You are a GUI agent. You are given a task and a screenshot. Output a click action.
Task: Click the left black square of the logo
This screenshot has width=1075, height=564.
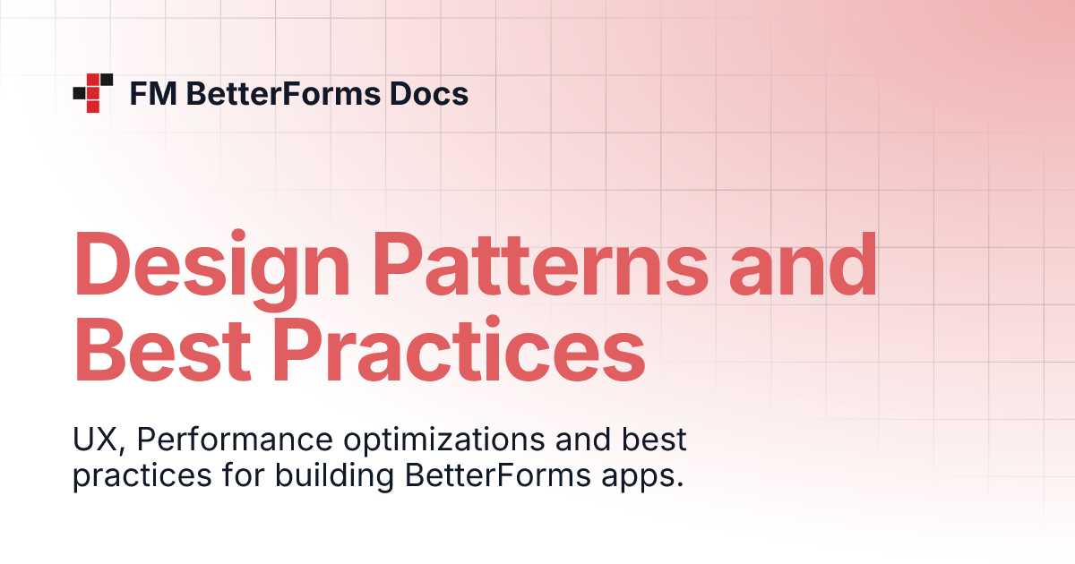79,92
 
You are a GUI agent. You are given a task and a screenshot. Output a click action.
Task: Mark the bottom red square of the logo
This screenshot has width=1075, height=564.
92,107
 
